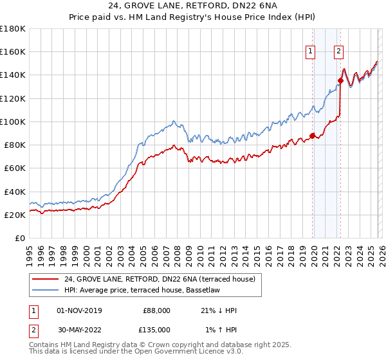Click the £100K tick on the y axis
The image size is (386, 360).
(x=13, y=122)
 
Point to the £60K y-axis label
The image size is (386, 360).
(x=14, y=168)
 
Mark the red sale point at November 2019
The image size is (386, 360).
(x=313, y=136)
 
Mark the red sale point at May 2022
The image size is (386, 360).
(x=340, y=80)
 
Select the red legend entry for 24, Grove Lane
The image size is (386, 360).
(x=160, y=279)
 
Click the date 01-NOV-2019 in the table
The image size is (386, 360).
(x=79, y=310)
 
